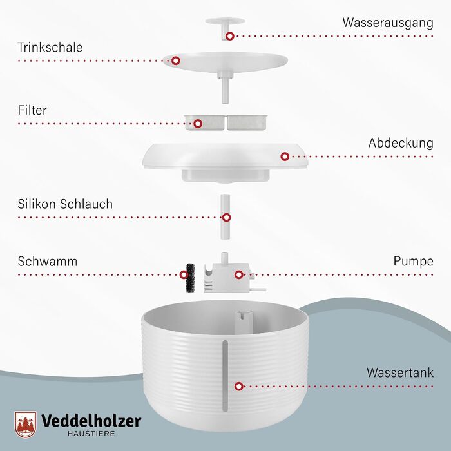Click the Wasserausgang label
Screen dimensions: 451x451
[388, 23]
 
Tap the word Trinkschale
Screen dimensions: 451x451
[50, 48]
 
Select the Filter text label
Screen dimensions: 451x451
[32, 110]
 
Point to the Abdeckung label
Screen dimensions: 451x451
[401, 143]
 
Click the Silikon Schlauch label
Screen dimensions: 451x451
[65, 204]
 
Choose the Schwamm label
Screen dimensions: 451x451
[48, 262]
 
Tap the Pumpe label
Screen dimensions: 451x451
[414, 262]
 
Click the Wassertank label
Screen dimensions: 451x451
[400, 373]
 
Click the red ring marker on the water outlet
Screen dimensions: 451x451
[229, 36]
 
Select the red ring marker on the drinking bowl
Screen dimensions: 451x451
[176, 61]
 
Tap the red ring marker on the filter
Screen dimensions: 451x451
[198, 124]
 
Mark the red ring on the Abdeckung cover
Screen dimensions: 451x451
[285, 157]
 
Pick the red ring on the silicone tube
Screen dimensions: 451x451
[226, 218]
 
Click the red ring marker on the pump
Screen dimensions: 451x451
[238, 274]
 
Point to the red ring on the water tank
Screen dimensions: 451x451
[239, 387]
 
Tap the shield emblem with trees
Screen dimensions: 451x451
[26, 425]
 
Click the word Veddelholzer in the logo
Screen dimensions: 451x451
[91, 421]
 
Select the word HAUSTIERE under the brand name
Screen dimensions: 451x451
[91, 434]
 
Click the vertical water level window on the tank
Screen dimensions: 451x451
[225, 376]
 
